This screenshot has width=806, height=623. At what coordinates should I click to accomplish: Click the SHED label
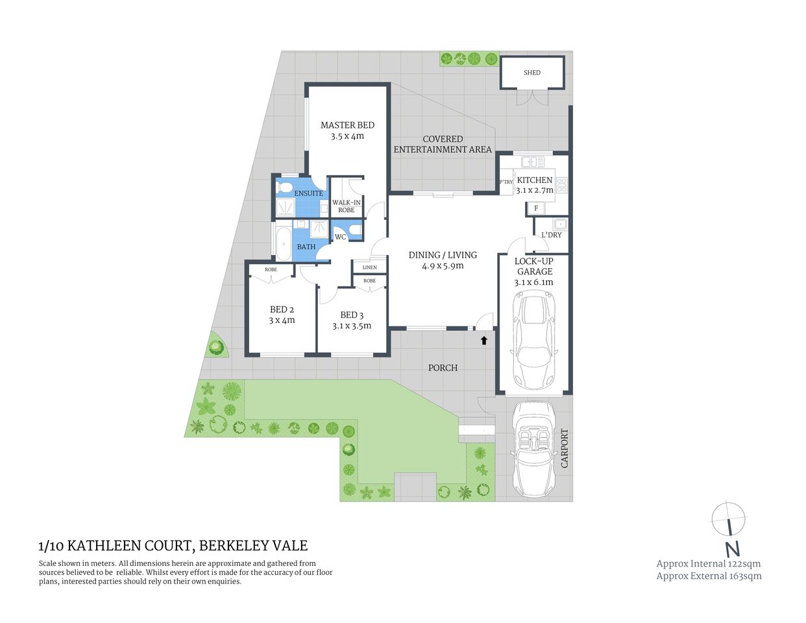coord(531,73)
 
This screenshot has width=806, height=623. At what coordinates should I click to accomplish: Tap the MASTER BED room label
coord(347,125)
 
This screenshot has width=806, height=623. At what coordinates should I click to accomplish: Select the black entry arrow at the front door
coord(483,339)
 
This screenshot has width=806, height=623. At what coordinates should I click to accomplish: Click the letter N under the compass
coord(732,549)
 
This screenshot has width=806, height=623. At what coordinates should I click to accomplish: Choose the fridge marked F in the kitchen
coord(536,208)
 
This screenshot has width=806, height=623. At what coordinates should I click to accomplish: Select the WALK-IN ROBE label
coord(347,206)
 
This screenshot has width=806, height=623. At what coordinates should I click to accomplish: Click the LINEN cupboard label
coord(369,267)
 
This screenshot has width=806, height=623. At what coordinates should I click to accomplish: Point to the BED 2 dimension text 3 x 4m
coord(282,321)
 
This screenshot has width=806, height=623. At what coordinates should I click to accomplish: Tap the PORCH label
coord(443,368)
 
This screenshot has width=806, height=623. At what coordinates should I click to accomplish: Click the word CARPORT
coord(564,448)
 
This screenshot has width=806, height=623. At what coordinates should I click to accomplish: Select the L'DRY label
coord(551,235)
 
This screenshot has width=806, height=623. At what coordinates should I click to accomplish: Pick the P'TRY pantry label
coord(506,182)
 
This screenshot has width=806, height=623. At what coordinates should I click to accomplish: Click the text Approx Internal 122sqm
coord(708,564)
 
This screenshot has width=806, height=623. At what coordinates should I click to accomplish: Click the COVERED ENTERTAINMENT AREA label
coord(443,144)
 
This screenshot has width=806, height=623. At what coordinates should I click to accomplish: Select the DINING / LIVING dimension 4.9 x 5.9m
coord(443,266)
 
